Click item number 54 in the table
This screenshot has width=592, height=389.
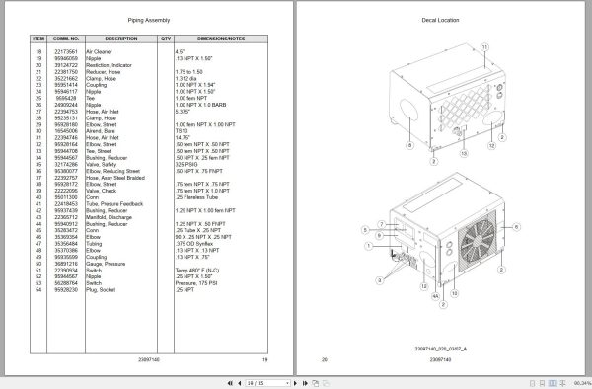click(x=38, y=288)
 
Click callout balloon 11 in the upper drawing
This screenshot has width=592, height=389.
click(x=484, y=47)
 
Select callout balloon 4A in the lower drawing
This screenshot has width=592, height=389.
click(x=436, y=293)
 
